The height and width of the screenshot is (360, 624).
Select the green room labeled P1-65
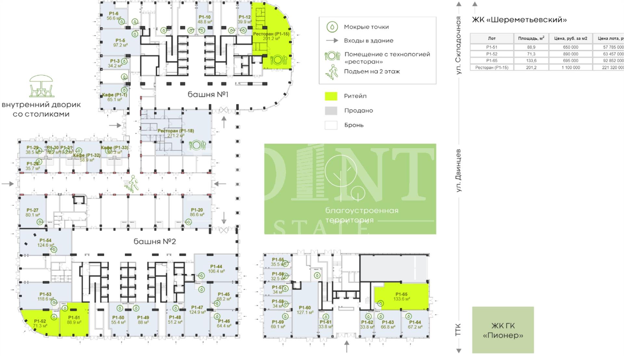point(402,297)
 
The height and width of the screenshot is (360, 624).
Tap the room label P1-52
point(40,321)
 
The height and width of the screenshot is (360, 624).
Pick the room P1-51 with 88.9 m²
point(74,320)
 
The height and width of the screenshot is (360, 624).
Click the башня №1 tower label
point(208,95)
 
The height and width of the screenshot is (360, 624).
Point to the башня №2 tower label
point(155,241)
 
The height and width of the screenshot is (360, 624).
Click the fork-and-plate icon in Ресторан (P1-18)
point(197,145)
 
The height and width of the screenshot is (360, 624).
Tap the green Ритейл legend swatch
point(331,96)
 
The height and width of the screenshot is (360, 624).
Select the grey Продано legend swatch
point(331,111)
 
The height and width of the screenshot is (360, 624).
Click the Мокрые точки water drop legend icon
point(332,27)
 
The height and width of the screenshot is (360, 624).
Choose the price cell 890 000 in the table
point(570,54)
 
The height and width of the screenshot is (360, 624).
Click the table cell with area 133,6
point(531,61)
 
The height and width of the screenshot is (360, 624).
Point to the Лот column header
point(491,38)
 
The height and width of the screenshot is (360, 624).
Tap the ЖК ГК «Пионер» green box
point(503,330)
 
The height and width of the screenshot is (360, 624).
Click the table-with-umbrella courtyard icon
point(41,86)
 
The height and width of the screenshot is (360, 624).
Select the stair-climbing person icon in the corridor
point(133,184)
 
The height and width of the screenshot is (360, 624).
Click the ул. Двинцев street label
point(459,170)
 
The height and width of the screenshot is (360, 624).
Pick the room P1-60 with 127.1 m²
point(305,310)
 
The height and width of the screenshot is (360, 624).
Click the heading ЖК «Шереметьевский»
point(519,20)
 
